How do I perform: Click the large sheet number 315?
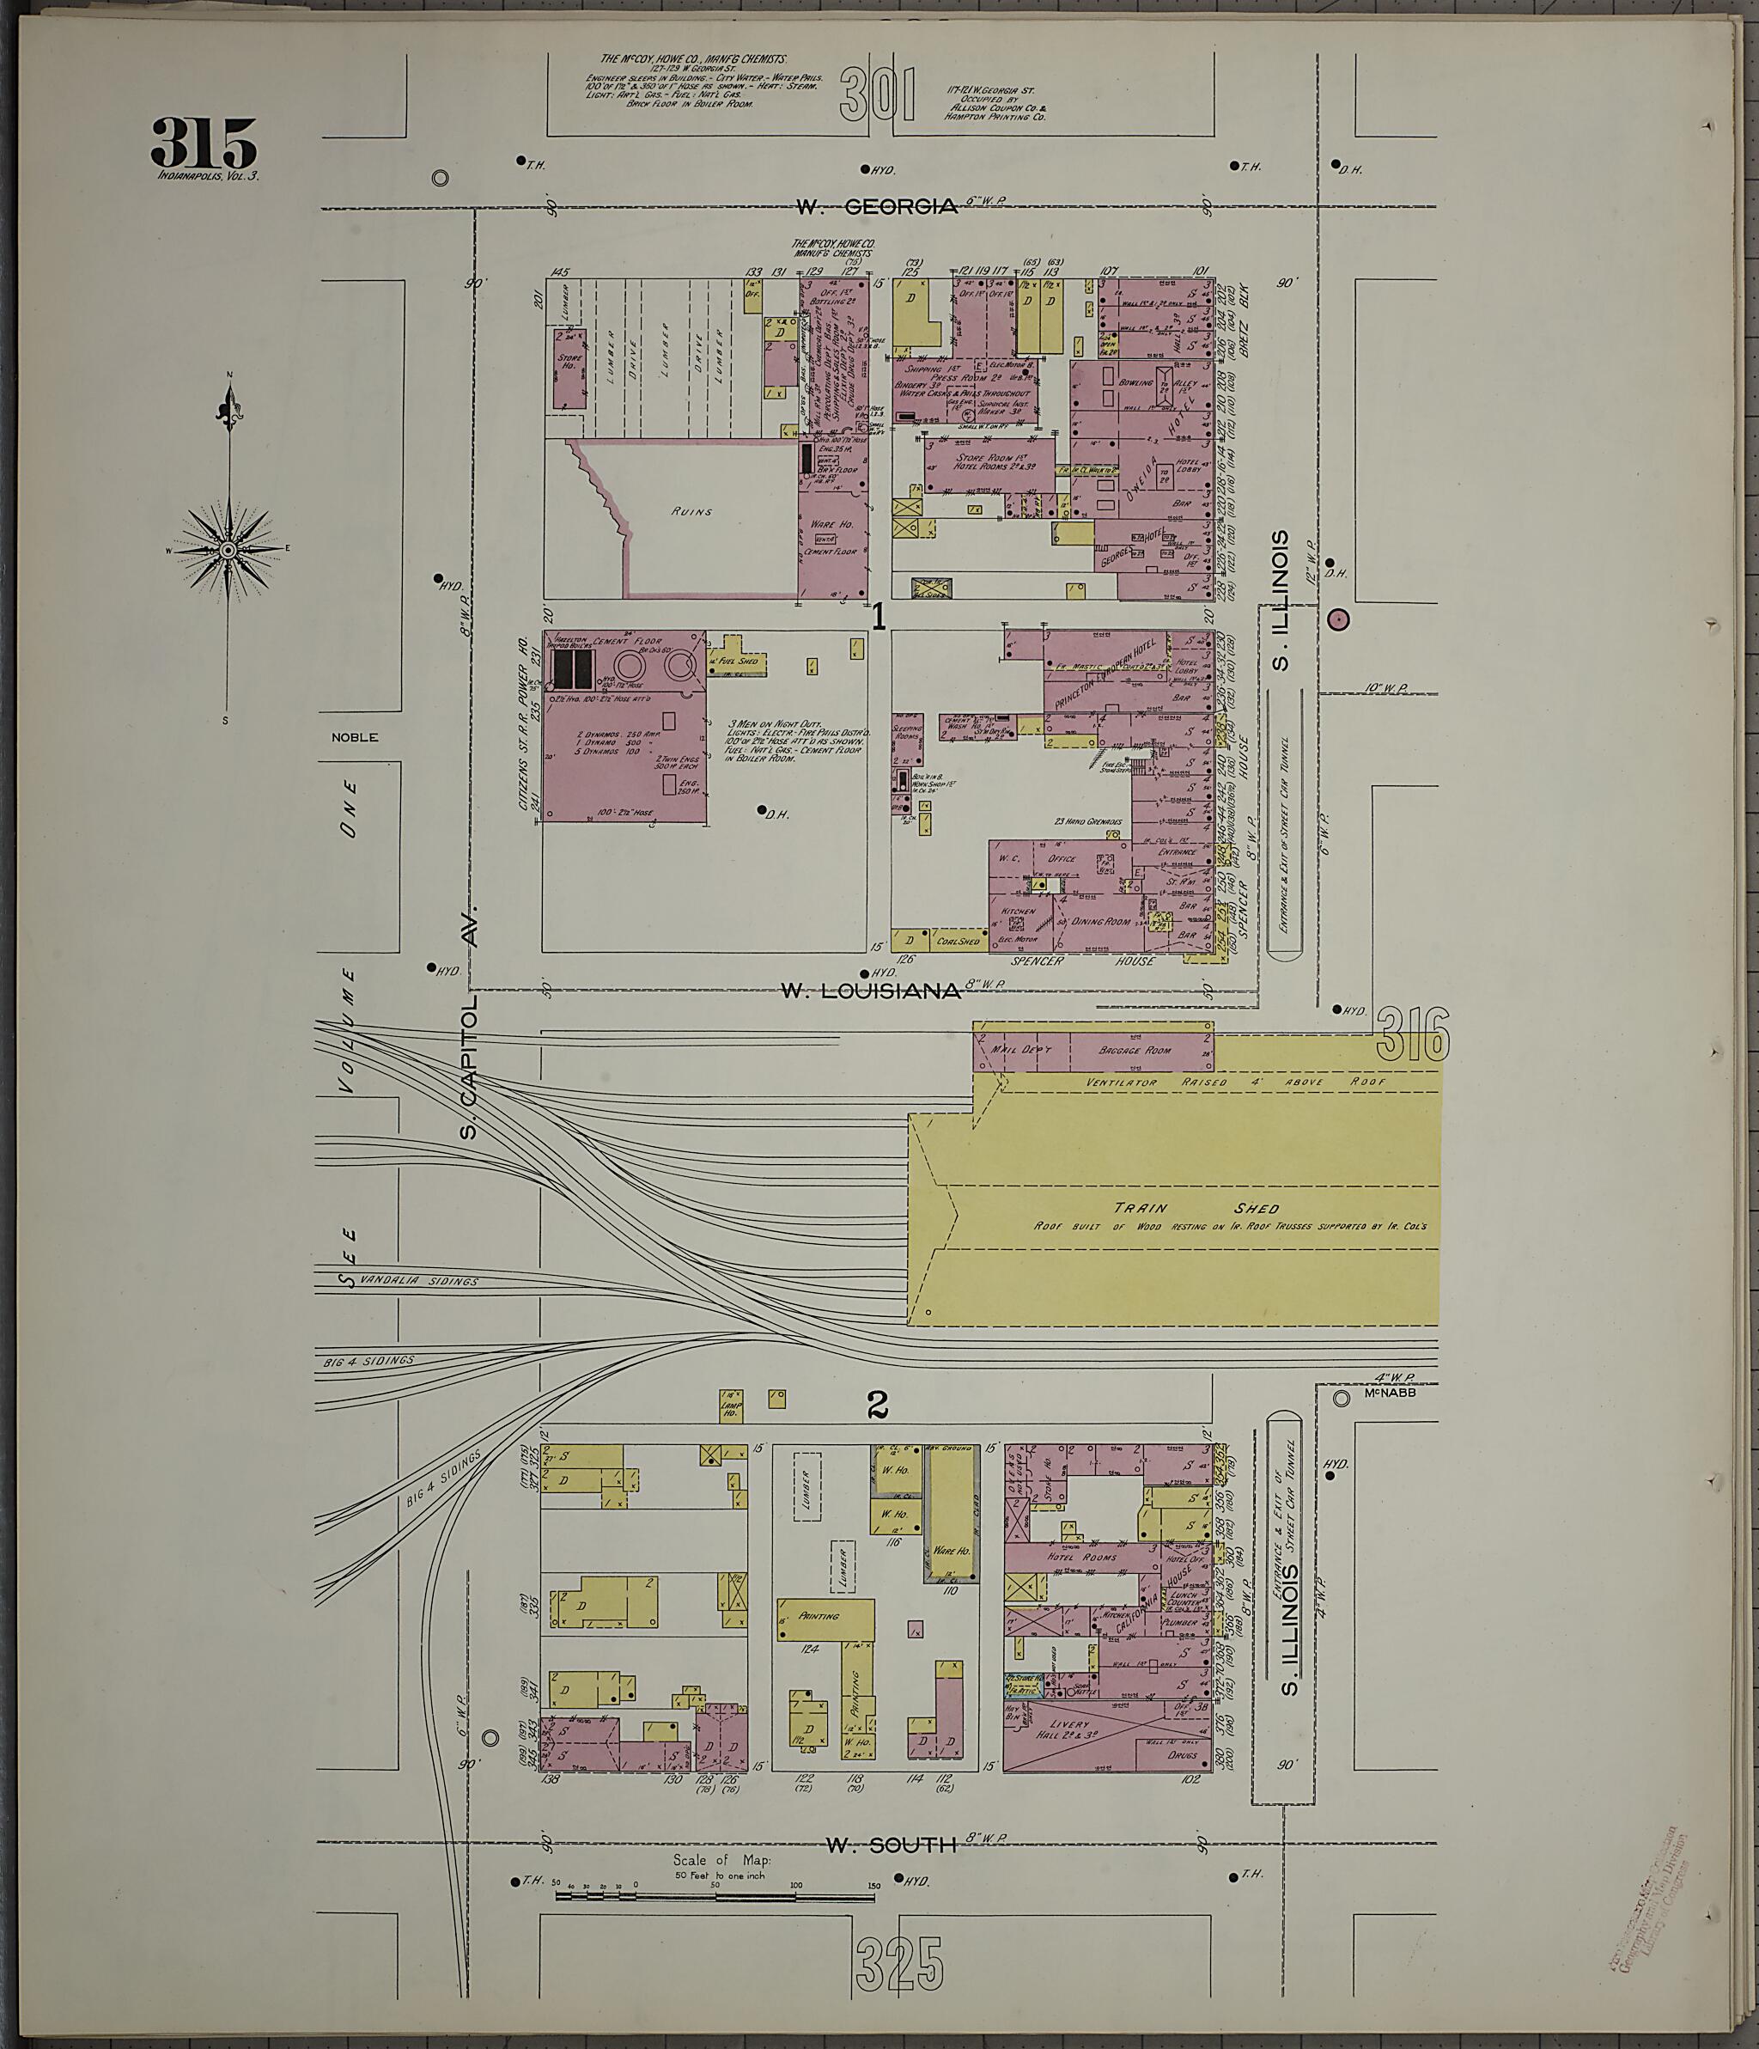[x=204, y=144]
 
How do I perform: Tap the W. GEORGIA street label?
[x=878, y=207]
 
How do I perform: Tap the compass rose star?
[x=228, y=550]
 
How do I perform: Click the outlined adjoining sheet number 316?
[x=1412, y=1034]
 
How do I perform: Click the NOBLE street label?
[x=354, y=737]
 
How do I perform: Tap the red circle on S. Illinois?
[x=1338, y=620]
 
